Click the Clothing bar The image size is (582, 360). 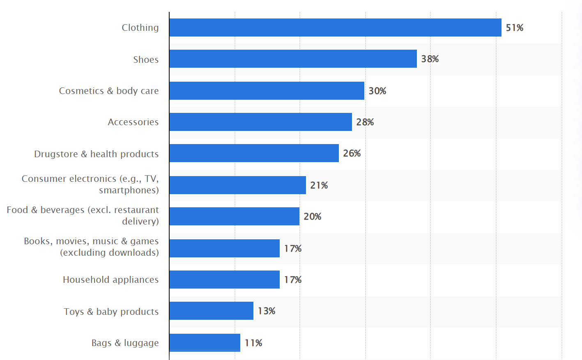coord(335,28)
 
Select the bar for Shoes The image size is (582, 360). coord(293,59)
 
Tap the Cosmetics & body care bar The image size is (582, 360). coord(267,91)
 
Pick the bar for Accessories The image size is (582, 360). coord(260,122)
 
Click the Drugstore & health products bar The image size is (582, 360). coord(254,153)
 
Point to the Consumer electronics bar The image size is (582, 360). coord(237,185)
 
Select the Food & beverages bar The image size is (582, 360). coord(234,216)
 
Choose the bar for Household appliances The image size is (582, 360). coord(224,280)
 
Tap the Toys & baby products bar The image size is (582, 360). coord(211,311)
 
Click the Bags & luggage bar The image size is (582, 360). coord(205,343)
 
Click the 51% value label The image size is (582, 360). coord(514,28)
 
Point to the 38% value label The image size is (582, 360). coord(430,59)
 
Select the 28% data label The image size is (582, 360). coord(365,122)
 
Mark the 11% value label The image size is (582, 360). coord(253,343)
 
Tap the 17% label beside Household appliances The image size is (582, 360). coord(292,280)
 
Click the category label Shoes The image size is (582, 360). coord(146,60)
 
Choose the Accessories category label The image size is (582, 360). coord(133,122)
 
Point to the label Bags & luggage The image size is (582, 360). coord(125,343)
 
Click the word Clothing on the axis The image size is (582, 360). coord(140,28)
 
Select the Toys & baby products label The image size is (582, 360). coord(111,312)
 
